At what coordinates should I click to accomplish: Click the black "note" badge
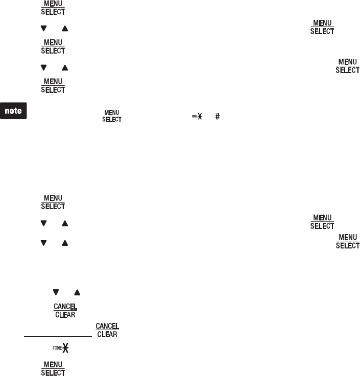tap(14, 111)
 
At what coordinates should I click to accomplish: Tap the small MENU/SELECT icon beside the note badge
tap(112, 116)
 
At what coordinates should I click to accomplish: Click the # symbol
tap(218, 116)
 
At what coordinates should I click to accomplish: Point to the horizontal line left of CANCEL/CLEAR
tap(57, 336)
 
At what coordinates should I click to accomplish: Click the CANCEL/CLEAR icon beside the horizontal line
tap(107, 330)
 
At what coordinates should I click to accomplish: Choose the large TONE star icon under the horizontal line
tap(61, 351)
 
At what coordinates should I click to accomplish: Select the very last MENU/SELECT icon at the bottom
tap(53, 368)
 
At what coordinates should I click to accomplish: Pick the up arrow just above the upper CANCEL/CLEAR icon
tap(77, 292)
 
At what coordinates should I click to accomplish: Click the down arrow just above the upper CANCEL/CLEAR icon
tap(55, 292)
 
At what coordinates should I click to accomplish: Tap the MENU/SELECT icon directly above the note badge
tap(53, 86)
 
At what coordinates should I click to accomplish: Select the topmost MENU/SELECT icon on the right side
tap(322, 27)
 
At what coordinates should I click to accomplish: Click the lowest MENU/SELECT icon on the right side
tap(347, 241)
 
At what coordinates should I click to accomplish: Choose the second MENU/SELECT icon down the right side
tap(347, 66)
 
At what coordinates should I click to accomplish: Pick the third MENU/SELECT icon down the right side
tap(322, 222)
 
